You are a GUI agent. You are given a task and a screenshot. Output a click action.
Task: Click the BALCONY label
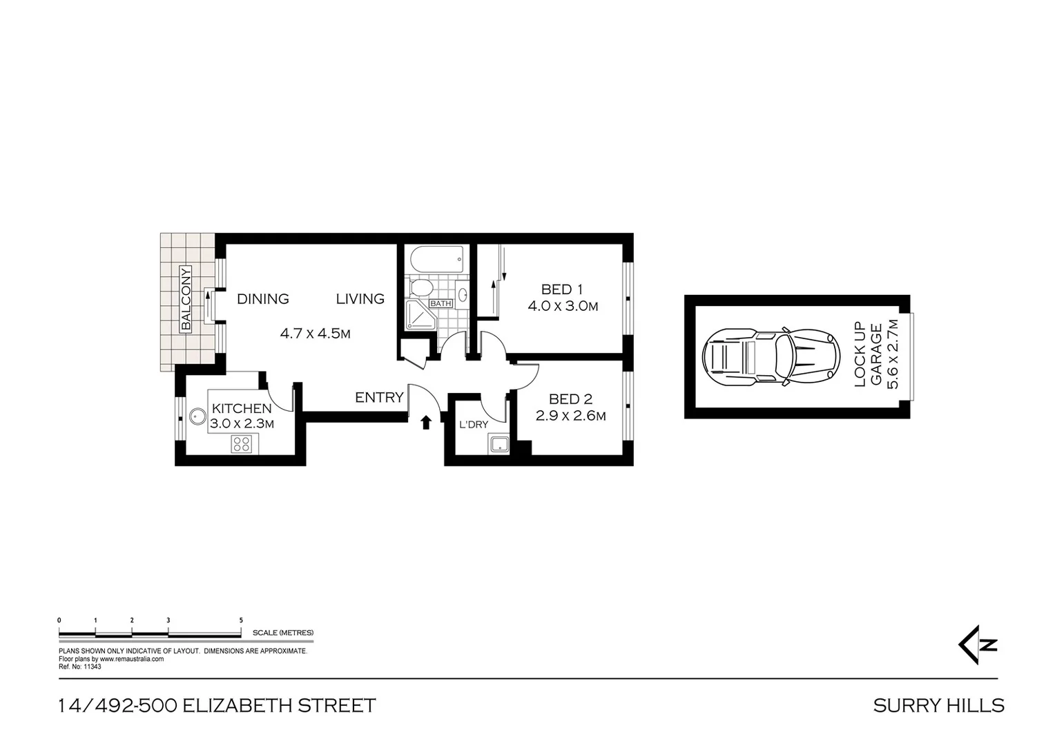click(185, 298)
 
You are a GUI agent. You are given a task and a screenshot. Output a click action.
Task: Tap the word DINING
click(262, 299)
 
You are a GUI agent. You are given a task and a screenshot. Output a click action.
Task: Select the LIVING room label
click(360, 299)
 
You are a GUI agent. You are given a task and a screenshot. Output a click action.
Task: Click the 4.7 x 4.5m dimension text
click(315, 334)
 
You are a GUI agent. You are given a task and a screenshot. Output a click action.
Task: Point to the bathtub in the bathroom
click(436, 260)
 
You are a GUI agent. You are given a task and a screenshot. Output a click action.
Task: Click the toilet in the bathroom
click(420, 286)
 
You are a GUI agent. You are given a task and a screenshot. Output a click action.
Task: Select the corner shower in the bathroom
click(418, 316)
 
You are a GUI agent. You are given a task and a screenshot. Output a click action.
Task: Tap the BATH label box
click(441, 303)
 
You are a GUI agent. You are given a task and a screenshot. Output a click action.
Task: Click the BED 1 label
click(561, 289)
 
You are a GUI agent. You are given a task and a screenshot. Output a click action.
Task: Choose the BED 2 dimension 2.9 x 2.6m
click(570, 416)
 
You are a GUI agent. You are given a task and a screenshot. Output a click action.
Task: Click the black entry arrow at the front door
click(426, 422)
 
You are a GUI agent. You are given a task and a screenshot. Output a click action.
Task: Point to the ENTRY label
click(379, 398)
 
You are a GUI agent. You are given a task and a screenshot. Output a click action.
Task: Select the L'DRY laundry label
click(474, 424)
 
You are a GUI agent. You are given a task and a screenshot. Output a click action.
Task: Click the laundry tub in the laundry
click(499, 443)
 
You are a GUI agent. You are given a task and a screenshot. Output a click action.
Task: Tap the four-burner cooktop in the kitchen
click(242, 444)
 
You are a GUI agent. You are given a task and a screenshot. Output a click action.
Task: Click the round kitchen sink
click(197, 417)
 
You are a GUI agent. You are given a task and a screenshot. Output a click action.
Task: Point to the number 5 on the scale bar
click(241, 620)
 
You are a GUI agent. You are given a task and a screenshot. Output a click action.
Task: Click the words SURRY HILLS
click(938, 705)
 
